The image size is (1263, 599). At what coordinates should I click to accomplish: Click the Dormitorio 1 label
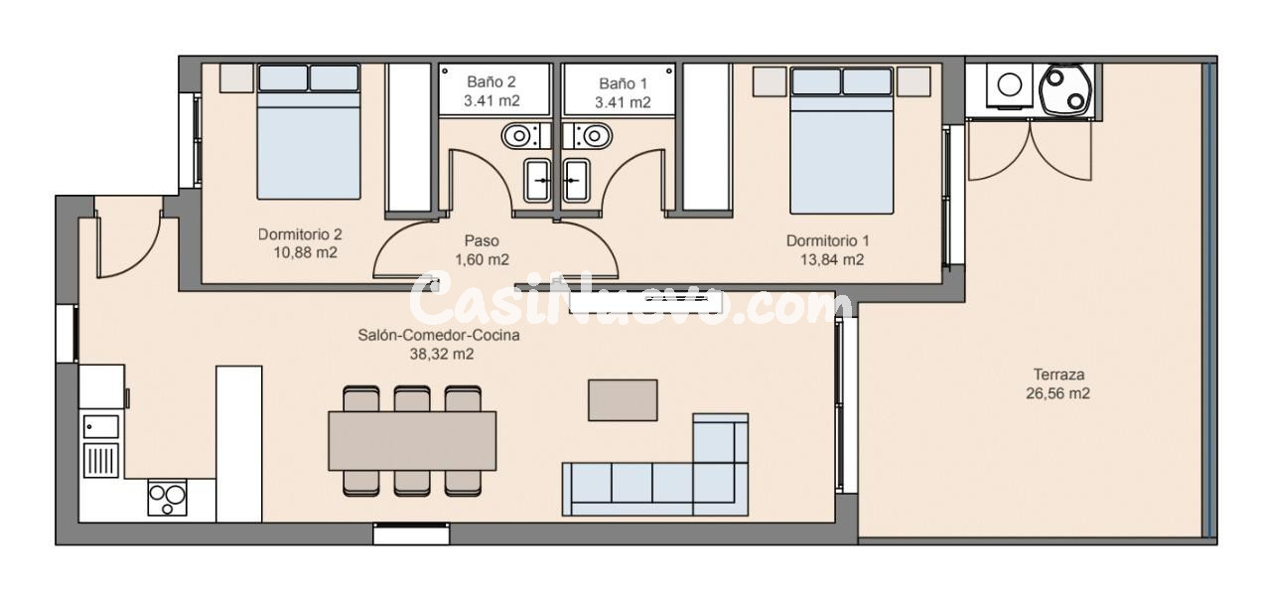pos(827,240)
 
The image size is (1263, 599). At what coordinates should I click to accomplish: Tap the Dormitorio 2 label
pos(300,235)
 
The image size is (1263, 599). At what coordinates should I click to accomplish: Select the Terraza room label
pos(1057,374)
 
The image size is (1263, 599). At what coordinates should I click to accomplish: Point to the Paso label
pos(482,240)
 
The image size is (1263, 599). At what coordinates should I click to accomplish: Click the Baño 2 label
pos(491,83)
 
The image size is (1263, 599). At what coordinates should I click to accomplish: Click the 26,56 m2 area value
pos(1057,393)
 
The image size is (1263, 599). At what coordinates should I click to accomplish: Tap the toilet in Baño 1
pos(594,133)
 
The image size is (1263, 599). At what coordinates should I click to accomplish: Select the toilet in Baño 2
pos(518,133)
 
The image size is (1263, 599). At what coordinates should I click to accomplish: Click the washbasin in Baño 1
pos(575,180)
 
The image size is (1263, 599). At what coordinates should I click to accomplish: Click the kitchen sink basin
pos(101,427)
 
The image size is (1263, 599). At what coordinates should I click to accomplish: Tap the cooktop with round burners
pos(167,497)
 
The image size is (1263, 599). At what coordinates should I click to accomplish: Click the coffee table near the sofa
pos(623,400)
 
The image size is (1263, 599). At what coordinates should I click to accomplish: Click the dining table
pos(412,440)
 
